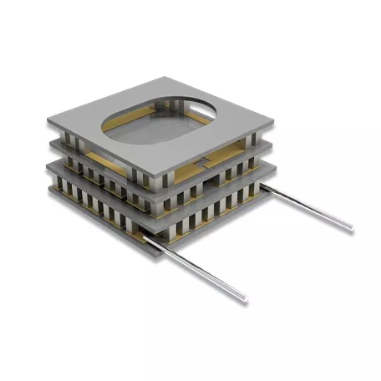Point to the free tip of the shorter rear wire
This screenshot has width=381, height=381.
pyautogui.click(x=351, y=227)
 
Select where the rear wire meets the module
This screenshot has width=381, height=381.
pyautogui.click(x=266, y=190)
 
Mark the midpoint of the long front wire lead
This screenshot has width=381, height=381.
pyautogui.click(x=196, y=267)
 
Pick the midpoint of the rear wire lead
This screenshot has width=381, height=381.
pyautogui.click(x=308, y=209)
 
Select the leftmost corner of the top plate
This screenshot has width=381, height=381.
pyautogui.click(x=48, y=120)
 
